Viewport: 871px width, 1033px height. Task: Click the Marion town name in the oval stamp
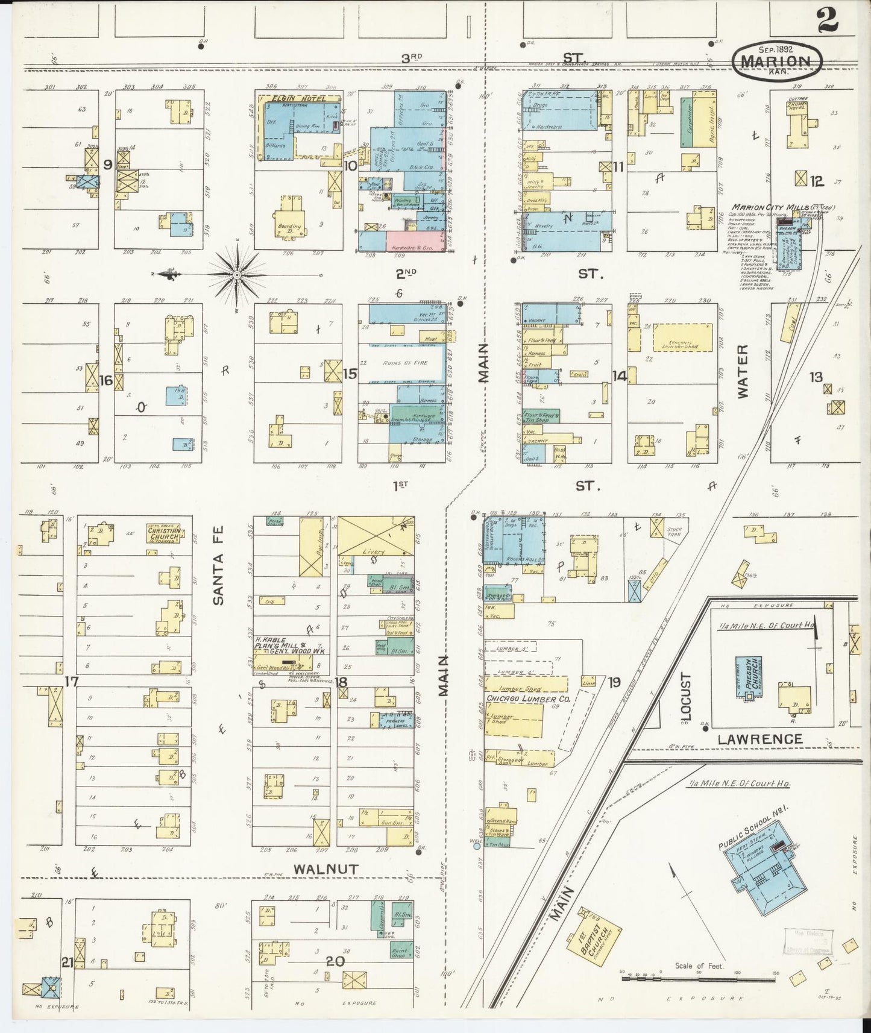click(776, 61)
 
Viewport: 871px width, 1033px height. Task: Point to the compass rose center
click(237, 275)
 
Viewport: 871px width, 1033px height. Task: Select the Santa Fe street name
click(218, 565)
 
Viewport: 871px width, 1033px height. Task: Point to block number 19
click(614, 682)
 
